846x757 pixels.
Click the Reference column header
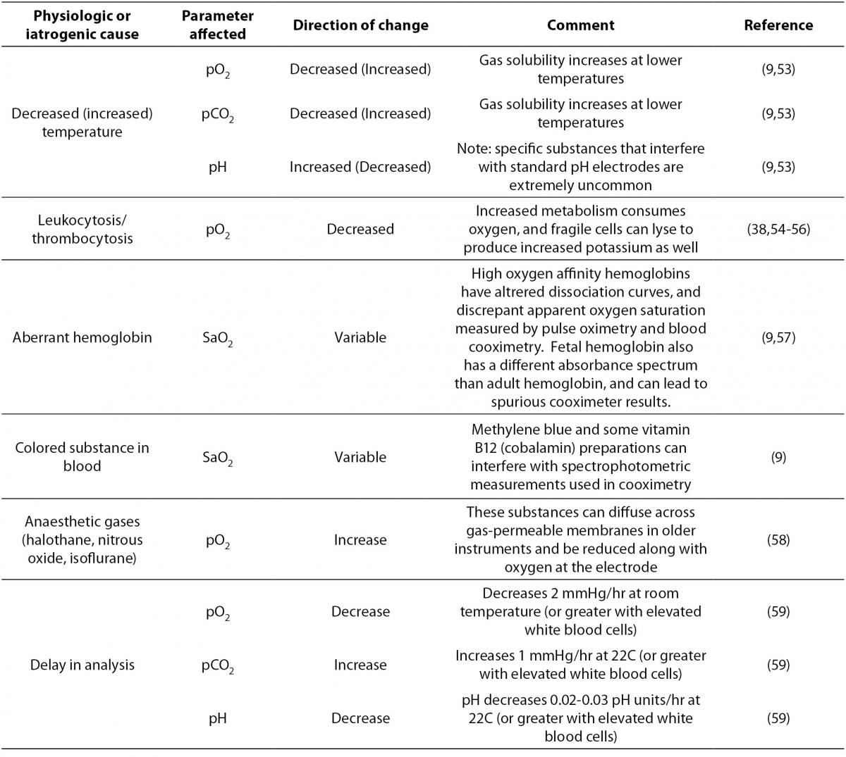tap(778, 25)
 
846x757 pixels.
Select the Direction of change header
tap(360, 25)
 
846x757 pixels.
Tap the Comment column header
tap(580, 25)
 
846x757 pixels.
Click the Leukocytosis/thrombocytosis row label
tap(82, 229)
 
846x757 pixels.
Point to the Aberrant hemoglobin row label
tap(82, 337)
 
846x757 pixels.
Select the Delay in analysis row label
tap(82, 665)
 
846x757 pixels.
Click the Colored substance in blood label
tap(82, 457)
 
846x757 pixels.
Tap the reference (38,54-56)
tap(778, 229)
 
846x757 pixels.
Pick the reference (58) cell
tap(778, 539)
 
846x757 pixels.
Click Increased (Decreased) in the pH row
tap(360, 167)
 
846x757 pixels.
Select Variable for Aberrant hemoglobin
tap(360, 337)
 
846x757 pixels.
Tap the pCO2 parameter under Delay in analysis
tap(218, 665)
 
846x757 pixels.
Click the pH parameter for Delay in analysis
tap(218, 718)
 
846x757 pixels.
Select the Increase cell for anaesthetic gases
tap(360, 539)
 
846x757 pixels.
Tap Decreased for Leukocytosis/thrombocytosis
tap(360, 229)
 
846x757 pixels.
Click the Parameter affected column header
tap(218, 25)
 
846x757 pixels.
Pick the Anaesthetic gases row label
tap(82, 539)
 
